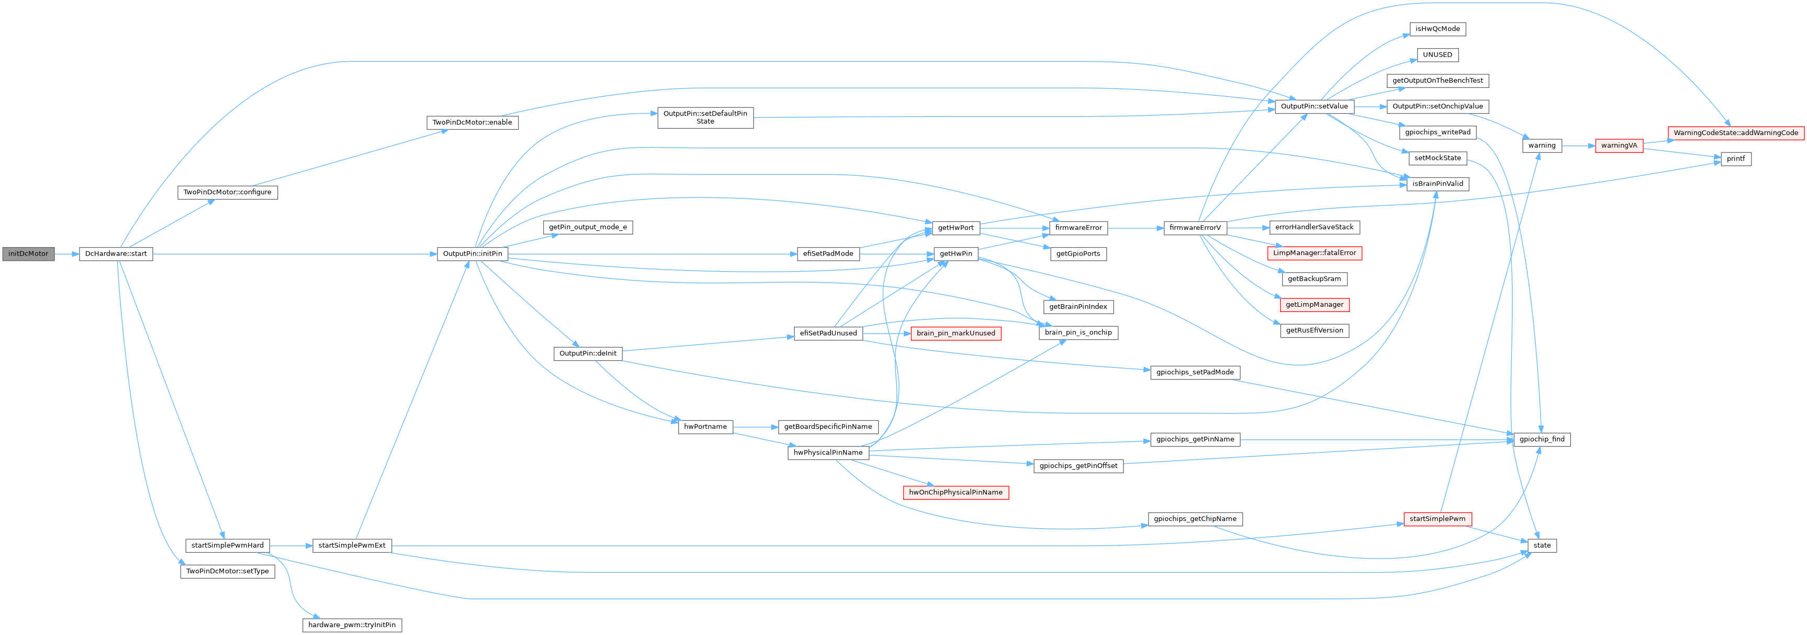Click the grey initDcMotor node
click(x=28, y=254)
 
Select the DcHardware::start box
click(x=116, y=254)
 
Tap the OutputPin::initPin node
click(x=472, y=254)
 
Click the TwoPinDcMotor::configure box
click(x=227, y=192)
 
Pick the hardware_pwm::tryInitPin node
click(x=352, y=625)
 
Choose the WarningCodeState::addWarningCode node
click(x=1735, y=132)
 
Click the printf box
click(x=1735, y=159)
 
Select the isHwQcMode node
click(x=1438, y=29)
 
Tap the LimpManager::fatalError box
click(x=1314, y=253)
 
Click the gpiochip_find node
click(x=1541, y=439)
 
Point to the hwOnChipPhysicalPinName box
click(x=956, y=493)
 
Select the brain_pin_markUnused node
click(x=956, y=333)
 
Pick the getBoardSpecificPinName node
click(x=828, y=427)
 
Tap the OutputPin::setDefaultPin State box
click(x=705, y=118)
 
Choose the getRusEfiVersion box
click(x=1314, y=330)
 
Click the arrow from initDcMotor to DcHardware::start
click(x=66, y=254)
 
